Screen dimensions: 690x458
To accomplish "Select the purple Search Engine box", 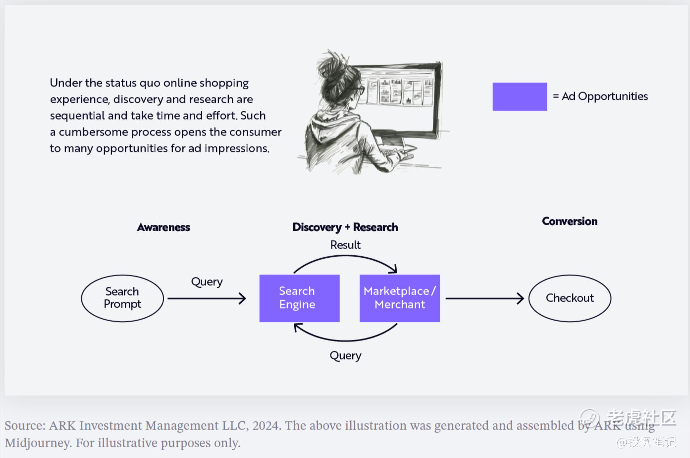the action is pyautogui.click(x=300, y=298).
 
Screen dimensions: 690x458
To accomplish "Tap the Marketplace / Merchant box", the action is pyautogui.click(x=400, y=298).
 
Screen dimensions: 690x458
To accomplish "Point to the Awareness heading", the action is pyautogui.click(x=164, y=227).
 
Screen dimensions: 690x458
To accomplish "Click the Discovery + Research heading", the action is pyautogui.click(x=345, y=227).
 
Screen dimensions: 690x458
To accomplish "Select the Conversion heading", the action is pyautogui.click(x=570, y=221).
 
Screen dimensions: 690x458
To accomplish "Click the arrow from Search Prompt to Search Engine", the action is pyautogui.click(x=207, y=299).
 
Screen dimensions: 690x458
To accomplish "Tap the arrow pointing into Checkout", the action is pyautogui.click(x=485, y=299).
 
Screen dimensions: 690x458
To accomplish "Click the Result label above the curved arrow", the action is pyautogui.click(x=345, y=245).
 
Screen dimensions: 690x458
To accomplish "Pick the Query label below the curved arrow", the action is pyautogui.click(x=345, y=356).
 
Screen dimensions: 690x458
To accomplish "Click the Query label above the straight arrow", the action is pyautogui.click(x=207, y=282).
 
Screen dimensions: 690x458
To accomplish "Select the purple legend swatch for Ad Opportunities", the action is pyautogui.click(x=520, y=97).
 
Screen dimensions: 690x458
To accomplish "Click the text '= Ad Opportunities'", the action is pyautogui.click(x=600, y=96).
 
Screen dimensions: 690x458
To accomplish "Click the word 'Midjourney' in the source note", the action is pyautogui.click(x=38, y=443).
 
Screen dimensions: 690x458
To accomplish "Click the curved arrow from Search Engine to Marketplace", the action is pyautogui.click(x=345, y=256).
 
